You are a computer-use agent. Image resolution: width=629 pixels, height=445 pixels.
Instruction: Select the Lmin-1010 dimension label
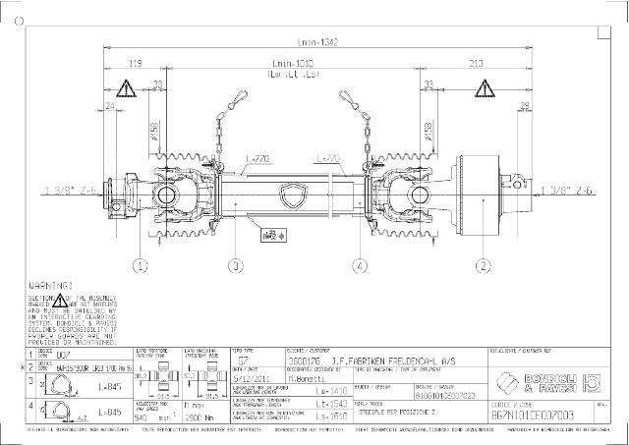click(299, 63)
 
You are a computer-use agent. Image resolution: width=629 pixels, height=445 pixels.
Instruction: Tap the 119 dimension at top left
click(134, 63)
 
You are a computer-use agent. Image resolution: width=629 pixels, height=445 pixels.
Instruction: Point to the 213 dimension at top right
click(476, 63)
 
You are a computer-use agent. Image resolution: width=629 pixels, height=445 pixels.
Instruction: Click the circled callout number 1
click(142, 265)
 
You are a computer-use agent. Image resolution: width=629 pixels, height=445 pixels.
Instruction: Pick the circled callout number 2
click(483, 265)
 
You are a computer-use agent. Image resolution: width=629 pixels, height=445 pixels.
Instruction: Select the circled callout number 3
click(236, 265)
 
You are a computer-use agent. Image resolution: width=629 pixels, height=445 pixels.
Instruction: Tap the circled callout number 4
click(361, 265)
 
